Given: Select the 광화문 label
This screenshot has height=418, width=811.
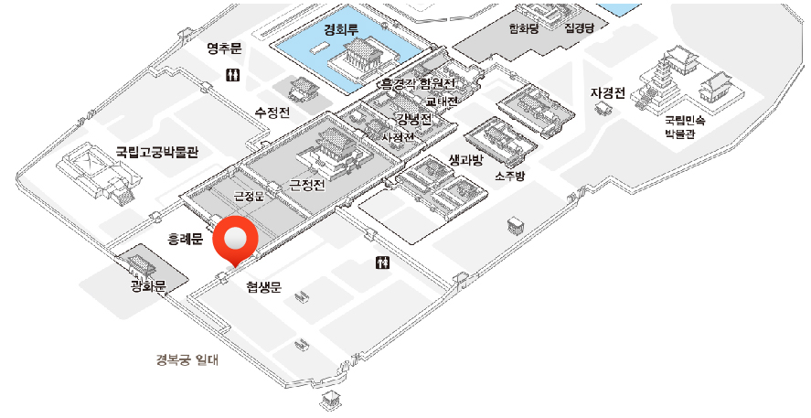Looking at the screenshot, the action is pos(147,287).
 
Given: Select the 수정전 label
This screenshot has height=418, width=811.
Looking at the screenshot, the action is pos(272,113).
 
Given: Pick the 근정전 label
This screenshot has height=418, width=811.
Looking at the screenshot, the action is pos(307,185).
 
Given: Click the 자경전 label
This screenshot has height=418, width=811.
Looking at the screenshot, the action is pos(608,92).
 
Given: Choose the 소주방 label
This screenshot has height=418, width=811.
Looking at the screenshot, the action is pos(510,175).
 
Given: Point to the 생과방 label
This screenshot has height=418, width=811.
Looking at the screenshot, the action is pos(465,159).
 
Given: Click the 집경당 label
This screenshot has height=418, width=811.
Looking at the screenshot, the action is pos(580,27).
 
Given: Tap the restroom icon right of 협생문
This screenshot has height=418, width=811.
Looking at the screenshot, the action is pos(384,263).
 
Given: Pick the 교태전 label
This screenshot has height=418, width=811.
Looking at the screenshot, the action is pos(441,101).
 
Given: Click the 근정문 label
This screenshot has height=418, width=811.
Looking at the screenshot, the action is pos(248,196).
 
